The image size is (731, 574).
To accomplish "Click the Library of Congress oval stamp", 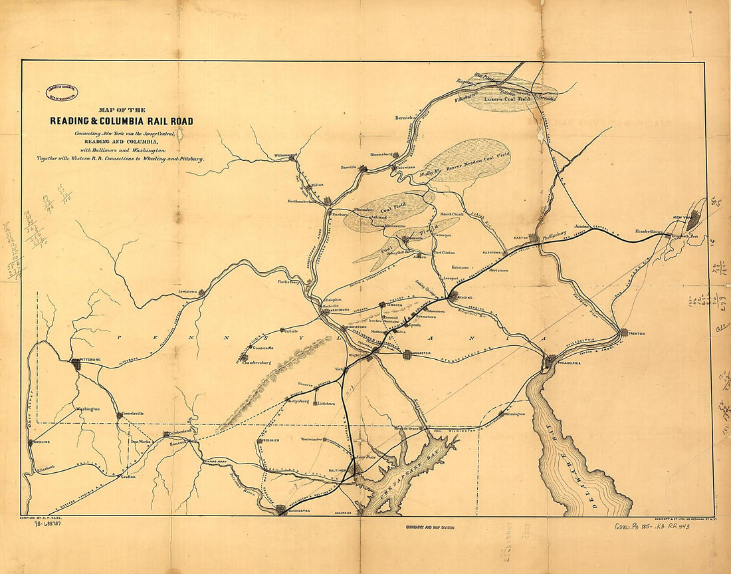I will tap(61, 92).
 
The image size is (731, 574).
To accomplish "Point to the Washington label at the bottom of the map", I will tap(299, 510).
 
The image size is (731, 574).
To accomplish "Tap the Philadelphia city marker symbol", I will tap(549, 361).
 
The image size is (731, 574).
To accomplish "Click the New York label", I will tap(683, 217).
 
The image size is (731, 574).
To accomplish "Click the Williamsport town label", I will tap(284, 155).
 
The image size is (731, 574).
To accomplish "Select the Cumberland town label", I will tap(181, 432).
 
